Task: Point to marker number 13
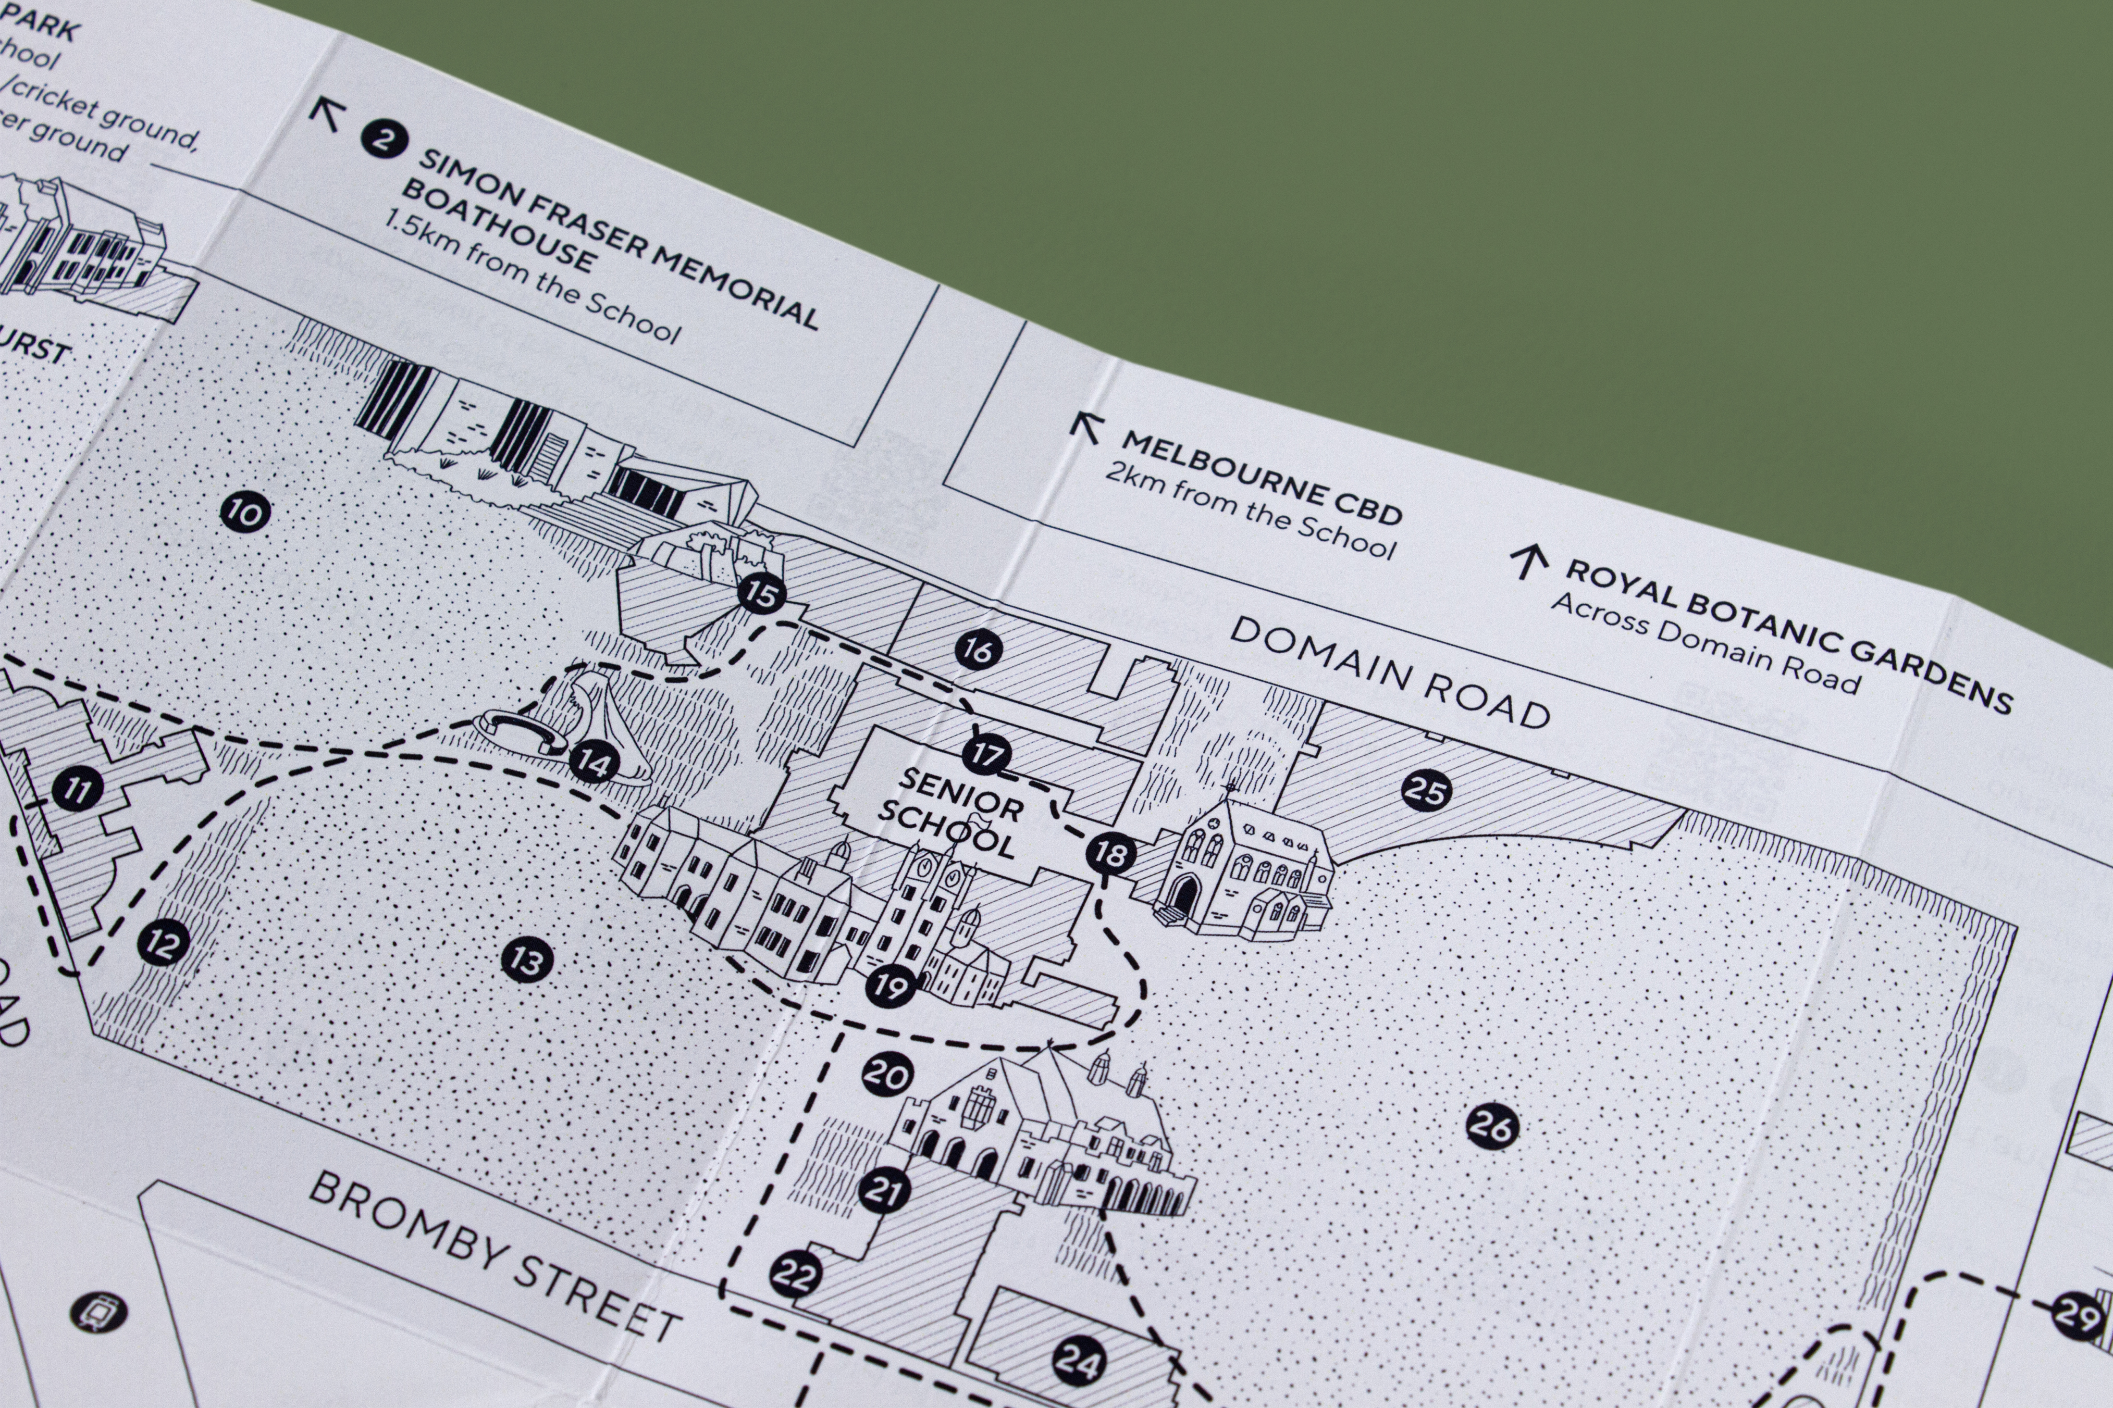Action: pos(526,961)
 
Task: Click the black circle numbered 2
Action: pos(385,140)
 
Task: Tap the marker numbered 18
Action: pos(1111,853)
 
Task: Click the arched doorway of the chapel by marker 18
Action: pos(1185,893)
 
